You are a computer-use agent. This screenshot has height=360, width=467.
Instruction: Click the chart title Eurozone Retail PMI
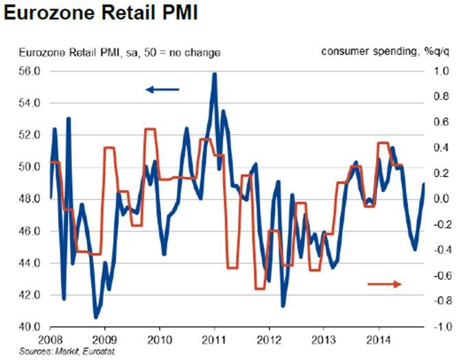tap(101, 14)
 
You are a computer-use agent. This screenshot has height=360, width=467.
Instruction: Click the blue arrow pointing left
tap(162, 88)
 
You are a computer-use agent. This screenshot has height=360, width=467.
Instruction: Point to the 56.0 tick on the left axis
tap(31, 71)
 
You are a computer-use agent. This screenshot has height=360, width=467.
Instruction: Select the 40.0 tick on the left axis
tap(31, 327)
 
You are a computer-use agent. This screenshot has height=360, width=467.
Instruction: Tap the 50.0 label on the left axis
tap(31, 167)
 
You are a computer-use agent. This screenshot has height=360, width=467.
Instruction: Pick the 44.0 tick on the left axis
tap(31, 263)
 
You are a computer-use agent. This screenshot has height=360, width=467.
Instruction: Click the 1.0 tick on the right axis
tap(440, 71)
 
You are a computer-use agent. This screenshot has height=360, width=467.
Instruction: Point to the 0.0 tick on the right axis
tap(440, 199)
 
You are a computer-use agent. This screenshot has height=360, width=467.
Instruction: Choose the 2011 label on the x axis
tap(215, 339)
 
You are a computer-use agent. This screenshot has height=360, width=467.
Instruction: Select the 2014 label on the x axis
tap(379, 339)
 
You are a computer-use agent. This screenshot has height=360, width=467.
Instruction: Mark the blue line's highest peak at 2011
tap(215, 74)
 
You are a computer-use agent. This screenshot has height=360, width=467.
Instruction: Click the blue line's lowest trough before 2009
tap(96, 317)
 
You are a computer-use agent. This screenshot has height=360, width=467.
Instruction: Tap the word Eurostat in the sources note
tap(93, 350)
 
